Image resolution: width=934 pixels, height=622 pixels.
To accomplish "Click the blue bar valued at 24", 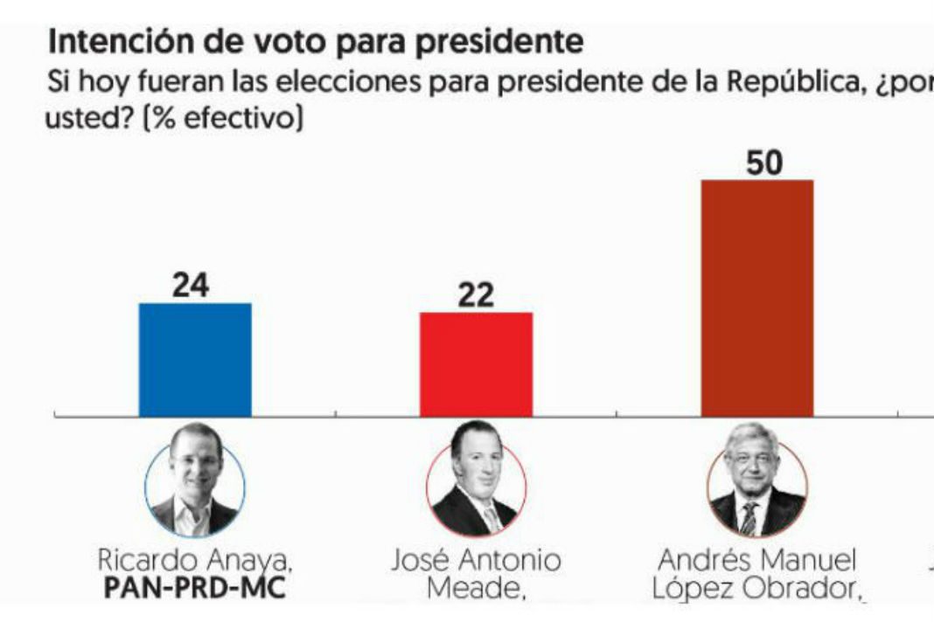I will coord(195,359).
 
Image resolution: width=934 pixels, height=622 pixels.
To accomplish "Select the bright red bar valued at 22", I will coord(476,363).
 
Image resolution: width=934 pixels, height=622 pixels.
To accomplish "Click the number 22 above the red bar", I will coord(476,295).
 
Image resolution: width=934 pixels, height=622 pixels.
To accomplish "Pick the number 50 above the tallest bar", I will coord(757,163).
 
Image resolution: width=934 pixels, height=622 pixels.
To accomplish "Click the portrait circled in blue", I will coord(194,486).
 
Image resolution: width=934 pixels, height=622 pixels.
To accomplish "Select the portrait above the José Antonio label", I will coord(476,486).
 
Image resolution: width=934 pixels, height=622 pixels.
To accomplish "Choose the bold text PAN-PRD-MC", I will coord(194,589).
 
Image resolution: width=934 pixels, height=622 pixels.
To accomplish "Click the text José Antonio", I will coord(476,559).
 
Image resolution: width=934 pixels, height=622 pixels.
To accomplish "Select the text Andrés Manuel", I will coord(757,559).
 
